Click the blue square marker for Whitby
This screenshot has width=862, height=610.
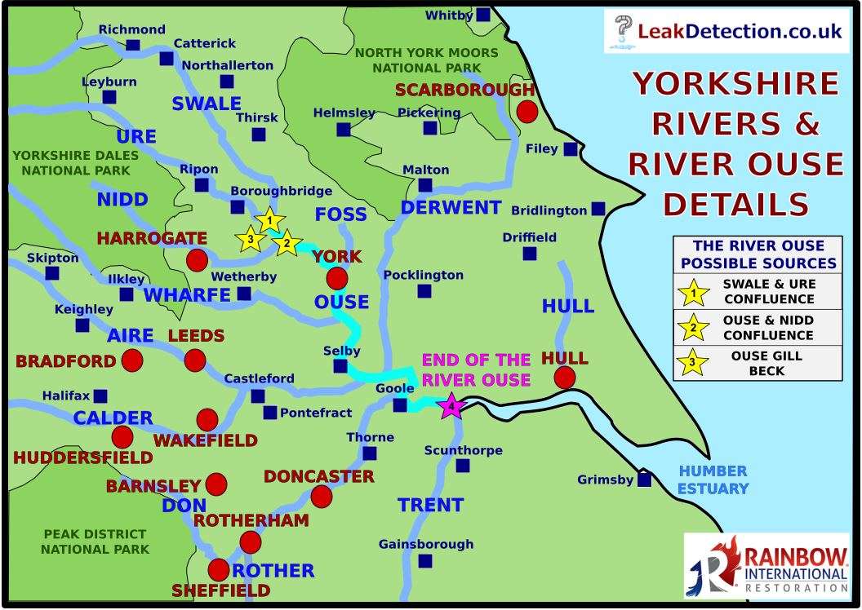[x=483, y=15]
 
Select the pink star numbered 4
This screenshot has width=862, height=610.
[x=450, y=405]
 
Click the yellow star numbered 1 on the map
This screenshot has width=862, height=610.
[x=269, y=220]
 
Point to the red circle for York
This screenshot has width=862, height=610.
[x=336, y=279]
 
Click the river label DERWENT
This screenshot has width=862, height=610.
[x=451, y=207]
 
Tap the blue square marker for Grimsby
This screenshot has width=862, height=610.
[x=644, y=480]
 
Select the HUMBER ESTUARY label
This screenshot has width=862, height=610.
[x=713, y=480]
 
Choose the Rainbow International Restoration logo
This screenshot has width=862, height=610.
[x=766, y=563]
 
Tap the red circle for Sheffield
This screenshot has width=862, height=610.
[x=219, y=570]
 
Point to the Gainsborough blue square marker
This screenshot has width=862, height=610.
[x=424, y=560]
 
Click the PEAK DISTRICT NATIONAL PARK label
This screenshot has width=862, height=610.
[x=96, y=541]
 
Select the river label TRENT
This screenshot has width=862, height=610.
[x=430, y=505]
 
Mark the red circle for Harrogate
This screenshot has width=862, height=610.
[x=196, y=261]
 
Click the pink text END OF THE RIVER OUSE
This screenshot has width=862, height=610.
[x=476, y=369]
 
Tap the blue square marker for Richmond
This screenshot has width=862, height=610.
[x=132, y=45]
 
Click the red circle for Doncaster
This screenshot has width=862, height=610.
[x=322, y=495]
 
